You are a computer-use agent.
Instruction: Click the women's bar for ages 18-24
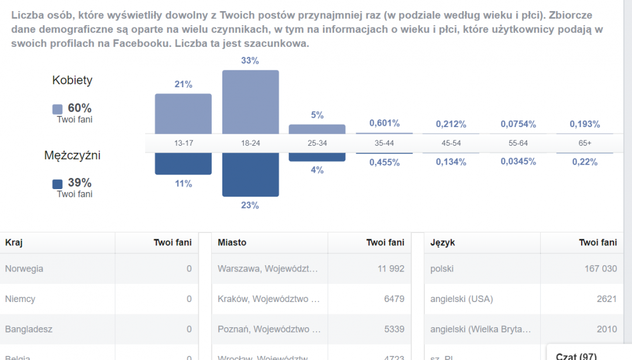pyautogui.click(x=250, y=102)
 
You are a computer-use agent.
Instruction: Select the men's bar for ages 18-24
pyautogui.click(x=250, y=174)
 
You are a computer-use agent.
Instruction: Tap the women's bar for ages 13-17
pyautogui.click(x=183, y=114)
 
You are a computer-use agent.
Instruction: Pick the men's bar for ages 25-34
pyautogui.click(x=317, y=157)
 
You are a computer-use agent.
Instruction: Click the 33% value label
pyautogui.click(x=250, y=61)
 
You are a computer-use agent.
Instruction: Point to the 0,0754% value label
pyautogui.click(x=518, y=124)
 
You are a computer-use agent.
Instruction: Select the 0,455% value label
pyautogui.click(x=384, y=163)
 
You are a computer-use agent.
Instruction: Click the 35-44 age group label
pyautogui.click(x=384, y=143)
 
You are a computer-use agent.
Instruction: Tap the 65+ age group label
pyautogui.click(x=585, y=143)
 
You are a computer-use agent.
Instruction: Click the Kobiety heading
pyautogui.click(x=73, y=81)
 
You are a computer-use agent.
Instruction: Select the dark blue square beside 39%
pyautogui.click(x=57, y=184)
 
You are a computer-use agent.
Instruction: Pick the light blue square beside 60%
pyautogui.click(x=57, y=109)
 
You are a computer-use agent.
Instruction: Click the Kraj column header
pyautogui.click(x=14, y=242)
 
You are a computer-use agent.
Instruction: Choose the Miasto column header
pyautogui.click(x=232, y=242)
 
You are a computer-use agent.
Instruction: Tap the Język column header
pyautogui.click(x=443, y=242)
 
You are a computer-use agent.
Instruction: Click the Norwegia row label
pyautogui.click(x=24, y=269)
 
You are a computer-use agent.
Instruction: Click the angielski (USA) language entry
pyautogui.click(x=462, y=299)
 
